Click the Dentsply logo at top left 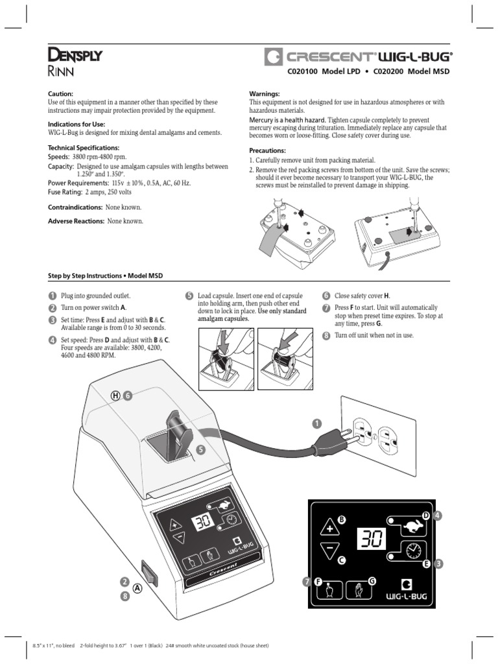(x=75, y=56)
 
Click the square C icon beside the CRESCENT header (x=272, y=57)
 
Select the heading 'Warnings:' (x=265, y=94)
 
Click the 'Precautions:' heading (x=268, y=150)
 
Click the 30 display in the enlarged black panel (x=371, y=538)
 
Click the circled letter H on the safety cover (x=116, y=396)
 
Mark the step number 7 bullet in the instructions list (x=326, y=307)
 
